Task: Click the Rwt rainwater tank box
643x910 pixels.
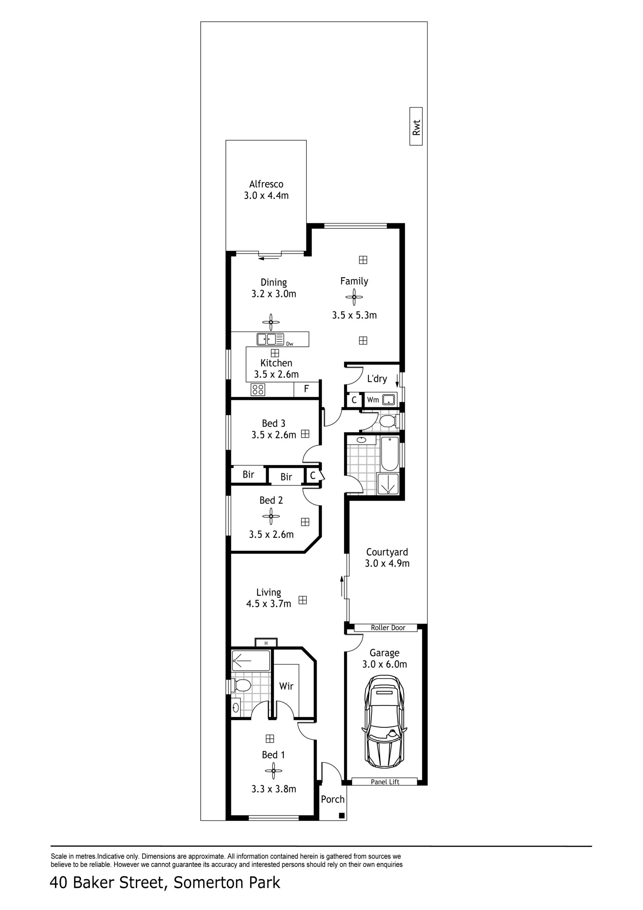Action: (x=416, y=127)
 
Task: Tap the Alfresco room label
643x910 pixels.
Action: (x=266, y=184)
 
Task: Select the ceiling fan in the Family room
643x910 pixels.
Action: (x=354, y=297)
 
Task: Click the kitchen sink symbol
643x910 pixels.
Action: (x=270, y=339)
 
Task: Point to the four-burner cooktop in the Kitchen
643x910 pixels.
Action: (x=258, y=390)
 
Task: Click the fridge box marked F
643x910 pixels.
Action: (x=306, y=390)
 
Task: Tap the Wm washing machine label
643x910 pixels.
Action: (x=373, y=400)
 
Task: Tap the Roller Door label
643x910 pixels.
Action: (x=388, y=628)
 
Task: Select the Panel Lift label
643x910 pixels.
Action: (x=385, y=782)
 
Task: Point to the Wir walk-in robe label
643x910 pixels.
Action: (x=286, y=686)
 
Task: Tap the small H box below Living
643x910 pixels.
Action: (x=266, y=643)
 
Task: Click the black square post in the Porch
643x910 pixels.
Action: (x=342, y=816)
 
